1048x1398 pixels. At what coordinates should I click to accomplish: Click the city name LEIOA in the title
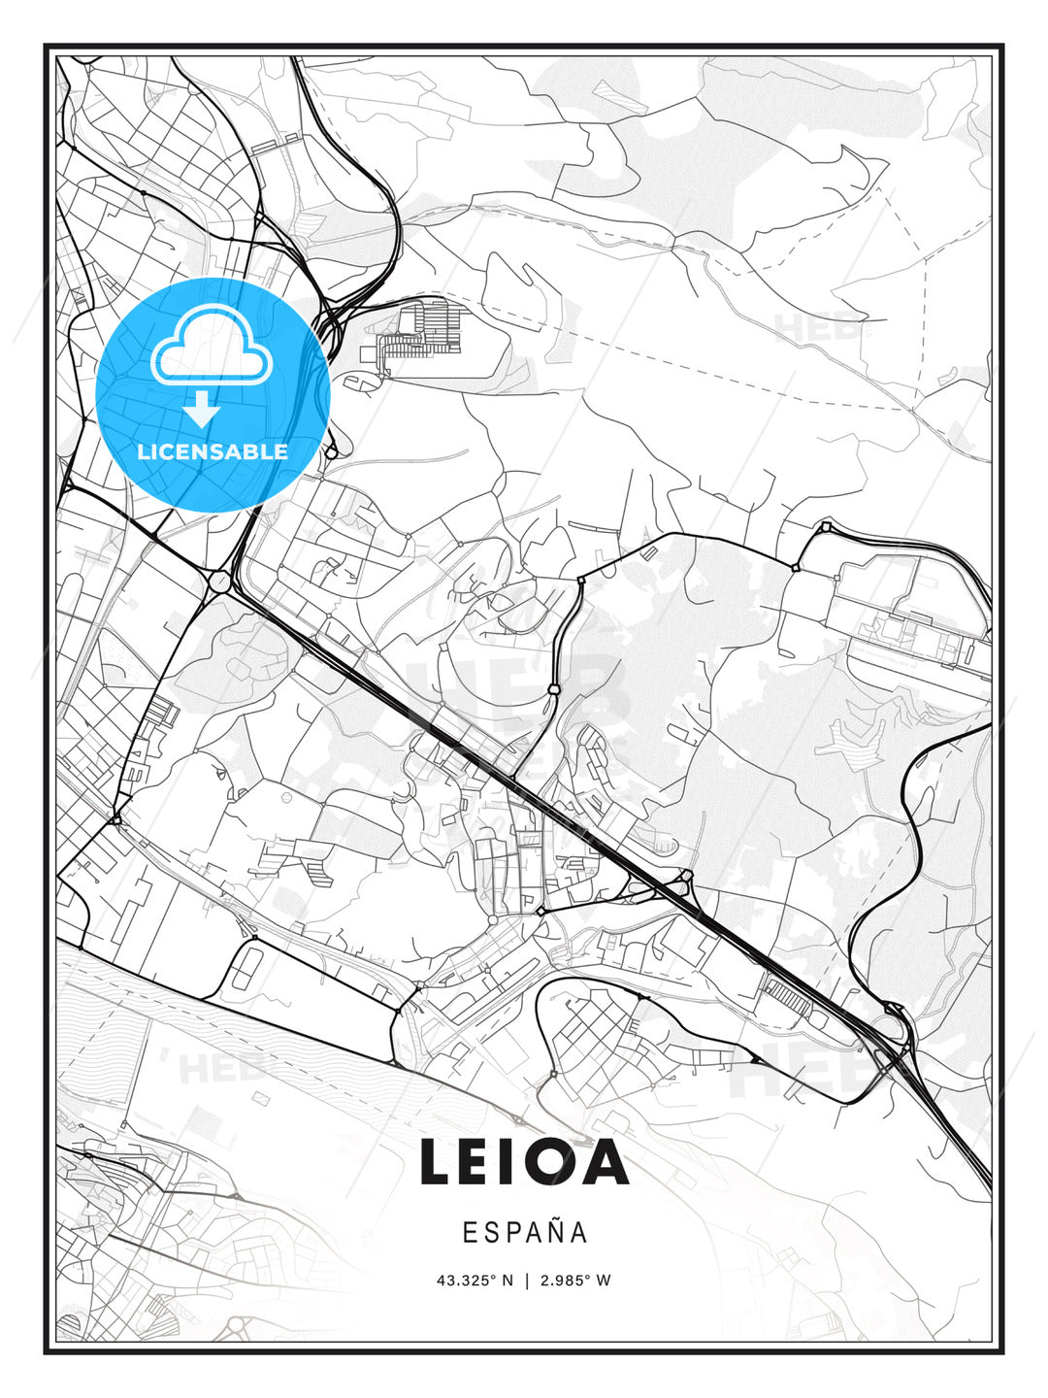tap(524, 1162)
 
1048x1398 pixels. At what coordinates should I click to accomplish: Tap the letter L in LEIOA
tap(439, 1162)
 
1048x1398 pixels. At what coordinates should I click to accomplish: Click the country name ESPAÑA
tap(524, 1233)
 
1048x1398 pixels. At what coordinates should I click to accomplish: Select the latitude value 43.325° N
tap(475, 1281)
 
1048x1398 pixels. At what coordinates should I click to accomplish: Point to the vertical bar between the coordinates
tap(525, 1281)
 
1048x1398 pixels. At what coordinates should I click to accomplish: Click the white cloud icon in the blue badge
tap(211, 347)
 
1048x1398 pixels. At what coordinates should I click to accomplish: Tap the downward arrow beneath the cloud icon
tap(203, 409)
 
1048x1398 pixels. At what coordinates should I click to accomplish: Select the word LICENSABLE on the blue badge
tap(213, 451)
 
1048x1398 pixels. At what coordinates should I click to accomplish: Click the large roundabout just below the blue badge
tap(219, 582)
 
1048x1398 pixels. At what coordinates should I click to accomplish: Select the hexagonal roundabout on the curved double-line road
tap(553, 689)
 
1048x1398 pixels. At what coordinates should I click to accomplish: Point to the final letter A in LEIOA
tap(606, 1162)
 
